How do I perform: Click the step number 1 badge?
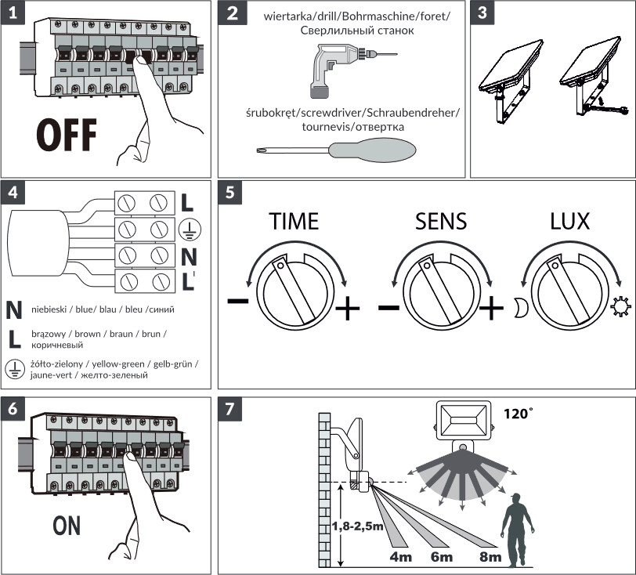13,13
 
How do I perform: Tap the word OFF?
67,135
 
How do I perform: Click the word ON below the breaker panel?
67,526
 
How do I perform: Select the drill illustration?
353,71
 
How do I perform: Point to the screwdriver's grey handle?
372,150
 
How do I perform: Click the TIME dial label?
294,221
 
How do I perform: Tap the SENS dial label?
441,221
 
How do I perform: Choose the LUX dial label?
569,221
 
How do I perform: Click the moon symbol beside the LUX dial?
521,307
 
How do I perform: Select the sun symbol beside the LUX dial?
620,307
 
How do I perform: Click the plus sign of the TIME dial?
348,308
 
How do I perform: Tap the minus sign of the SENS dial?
388,307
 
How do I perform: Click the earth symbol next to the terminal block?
190,229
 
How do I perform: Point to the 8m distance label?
490,557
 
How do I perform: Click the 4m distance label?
401,557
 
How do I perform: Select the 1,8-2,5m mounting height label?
358,526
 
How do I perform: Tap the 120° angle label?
518,414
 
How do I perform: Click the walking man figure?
517,530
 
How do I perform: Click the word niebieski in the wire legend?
49,309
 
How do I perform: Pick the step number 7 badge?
230,409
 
